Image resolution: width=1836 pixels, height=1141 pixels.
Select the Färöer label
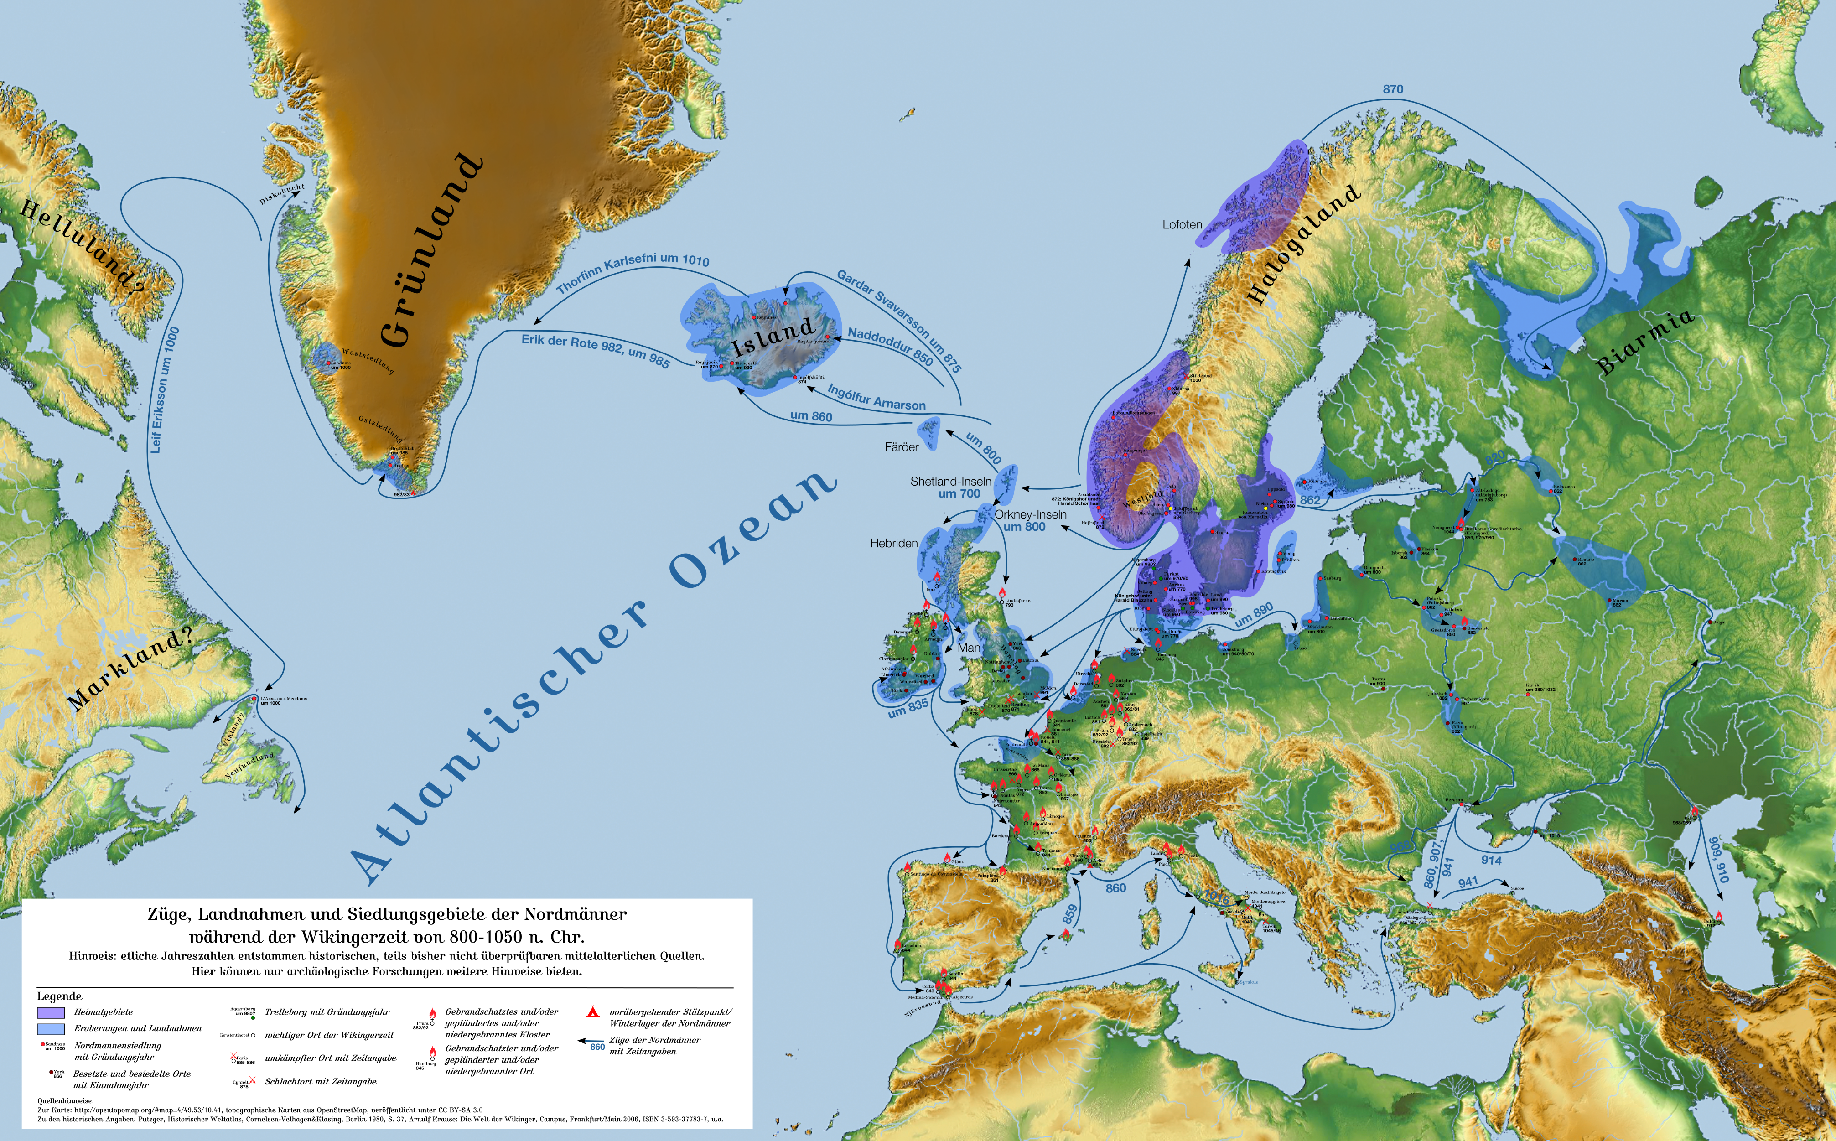(x=902, y=447)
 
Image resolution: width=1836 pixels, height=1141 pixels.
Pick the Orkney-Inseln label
(x=1030, y=515)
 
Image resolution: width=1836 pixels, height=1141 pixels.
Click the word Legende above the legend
(x=59, y=996)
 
